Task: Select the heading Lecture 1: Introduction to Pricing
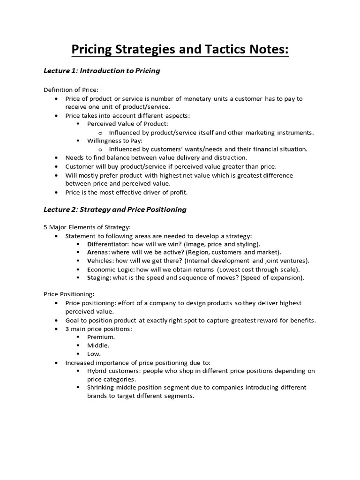point(102,71)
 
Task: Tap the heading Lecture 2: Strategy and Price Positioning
point(115,210)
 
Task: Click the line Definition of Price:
point(71,90)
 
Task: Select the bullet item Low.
point(94,354)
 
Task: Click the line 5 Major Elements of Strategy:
point(83,227)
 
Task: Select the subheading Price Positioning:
point(69,294)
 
